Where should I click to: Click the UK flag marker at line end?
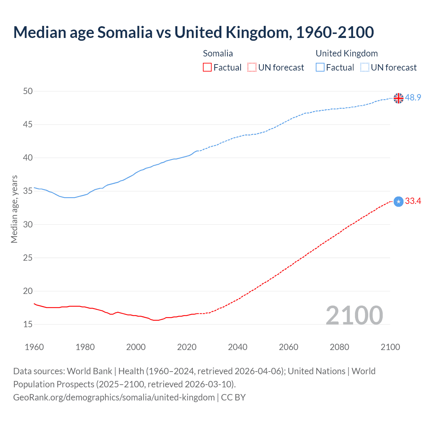point(398,98)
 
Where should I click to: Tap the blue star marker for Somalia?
point(398,202)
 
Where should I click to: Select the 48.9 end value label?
point(413,98)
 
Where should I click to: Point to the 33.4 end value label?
point(413,201)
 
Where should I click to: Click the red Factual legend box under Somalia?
point(207,68)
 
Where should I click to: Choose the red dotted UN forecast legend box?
point(252,68)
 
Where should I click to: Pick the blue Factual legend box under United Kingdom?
point(320,68)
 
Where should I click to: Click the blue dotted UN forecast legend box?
point(364,68)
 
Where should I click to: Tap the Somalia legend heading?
point(218,53)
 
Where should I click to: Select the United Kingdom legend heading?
point(347,53)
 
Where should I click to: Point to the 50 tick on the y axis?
point(28,91)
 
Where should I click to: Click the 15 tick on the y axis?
point(28,324)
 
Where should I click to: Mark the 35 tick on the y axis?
point(28,191)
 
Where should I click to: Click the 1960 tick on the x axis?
point(34,347)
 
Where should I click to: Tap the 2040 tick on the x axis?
point(238,347)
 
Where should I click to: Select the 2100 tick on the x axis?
point(390,347)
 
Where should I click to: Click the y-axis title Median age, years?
point(14,209)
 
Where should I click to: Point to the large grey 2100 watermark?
point(354,315)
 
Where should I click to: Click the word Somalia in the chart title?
point(125,32)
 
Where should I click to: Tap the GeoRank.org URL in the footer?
point(114,397)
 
